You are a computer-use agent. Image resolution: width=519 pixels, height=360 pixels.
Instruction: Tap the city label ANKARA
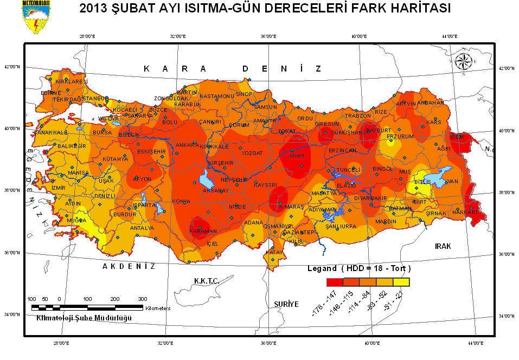pos(187,145)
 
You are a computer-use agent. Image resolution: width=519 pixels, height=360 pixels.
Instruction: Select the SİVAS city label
pos(297,156)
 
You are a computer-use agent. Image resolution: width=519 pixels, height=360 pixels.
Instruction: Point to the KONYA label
pos(181,202)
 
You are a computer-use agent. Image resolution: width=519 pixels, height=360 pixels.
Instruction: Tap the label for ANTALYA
pos(142,228)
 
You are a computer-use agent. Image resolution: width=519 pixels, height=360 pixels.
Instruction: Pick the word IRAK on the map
pos(443,246)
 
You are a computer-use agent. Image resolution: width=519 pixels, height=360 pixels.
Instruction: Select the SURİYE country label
pos(286,304)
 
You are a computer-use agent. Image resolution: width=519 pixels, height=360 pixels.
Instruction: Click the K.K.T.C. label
pos(206,281)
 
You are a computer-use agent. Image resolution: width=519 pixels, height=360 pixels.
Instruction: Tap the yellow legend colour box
pos(401,282)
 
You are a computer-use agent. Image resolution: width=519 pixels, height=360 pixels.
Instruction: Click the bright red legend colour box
pos(335,282)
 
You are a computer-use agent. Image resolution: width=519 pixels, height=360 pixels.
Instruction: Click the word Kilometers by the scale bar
pos(158,308)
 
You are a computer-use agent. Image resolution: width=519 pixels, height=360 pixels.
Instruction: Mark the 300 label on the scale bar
pos(143,299)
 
